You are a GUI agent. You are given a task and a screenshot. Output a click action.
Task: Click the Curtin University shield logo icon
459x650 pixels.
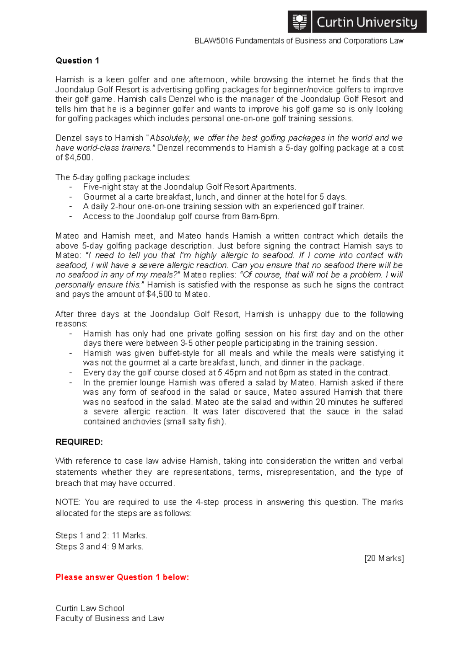click(x=300, y=22)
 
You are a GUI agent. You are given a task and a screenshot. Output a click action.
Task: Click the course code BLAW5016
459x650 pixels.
click(x=214, y=41)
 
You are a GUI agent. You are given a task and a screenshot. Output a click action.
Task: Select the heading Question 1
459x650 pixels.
click(x=77, y=60)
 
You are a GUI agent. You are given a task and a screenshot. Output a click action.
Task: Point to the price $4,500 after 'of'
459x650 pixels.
click(x=78, y=157)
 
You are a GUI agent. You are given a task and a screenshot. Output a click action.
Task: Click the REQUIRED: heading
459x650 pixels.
click(x=79, y=442)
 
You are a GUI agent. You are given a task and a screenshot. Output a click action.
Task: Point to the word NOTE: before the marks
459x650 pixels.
click(x=68, y=502)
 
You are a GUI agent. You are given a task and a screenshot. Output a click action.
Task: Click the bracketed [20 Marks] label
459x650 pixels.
click(x=384, y=558)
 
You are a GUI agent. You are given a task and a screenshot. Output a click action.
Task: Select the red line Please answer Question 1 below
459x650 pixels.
click(x=122, y=577)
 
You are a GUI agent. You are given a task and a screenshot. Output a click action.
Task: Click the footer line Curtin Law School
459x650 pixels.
click(x=90, y=608)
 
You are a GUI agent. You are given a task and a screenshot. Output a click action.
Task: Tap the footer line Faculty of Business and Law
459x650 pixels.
click(x=109, y=618)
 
